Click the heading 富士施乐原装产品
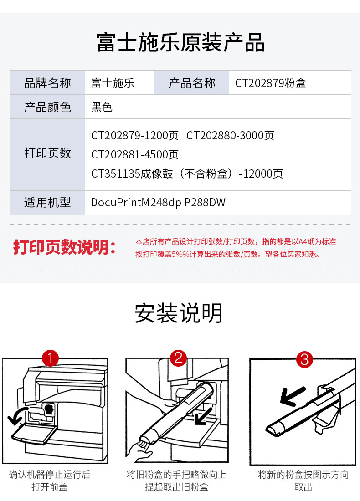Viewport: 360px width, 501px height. pos(180,42)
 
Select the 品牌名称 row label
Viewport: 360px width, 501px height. pos(47,83)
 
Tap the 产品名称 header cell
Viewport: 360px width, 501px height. pos(191,83)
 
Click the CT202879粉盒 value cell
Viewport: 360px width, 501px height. pos(270,83)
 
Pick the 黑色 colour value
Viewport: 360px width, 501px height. pos(102,107)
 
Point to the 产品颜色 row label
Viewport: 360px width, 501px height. pos(47,107)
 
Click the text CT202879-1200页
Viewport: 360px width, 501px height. pos(134,136)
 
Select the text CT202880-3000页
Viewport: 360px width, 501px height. pos(230,136)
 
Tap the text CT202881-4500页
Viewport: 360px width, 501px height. pos(134,155)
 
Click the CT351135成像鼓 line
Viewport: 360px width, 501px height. pos(187,174)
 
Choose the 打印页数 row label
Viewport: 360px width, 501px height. pos(47,153)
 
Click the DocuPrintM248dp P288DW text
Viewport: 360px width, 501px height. pos(158,202)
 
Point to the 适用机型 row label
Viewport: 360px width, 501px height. pos(47,202)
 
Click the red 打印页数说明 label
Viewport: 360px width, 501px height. pos(64,247)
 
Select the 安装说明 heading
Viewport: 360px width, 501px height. pos(179,313)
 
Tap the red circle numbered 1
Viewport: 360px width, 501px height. pos(50,358)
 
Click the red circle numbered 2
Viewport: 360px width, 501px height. pos(178,358)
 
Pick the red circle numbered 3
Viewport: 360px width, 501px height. pos(304,359)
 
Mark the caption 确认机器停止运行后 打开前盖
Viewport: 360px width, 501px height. pos(50,481)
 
